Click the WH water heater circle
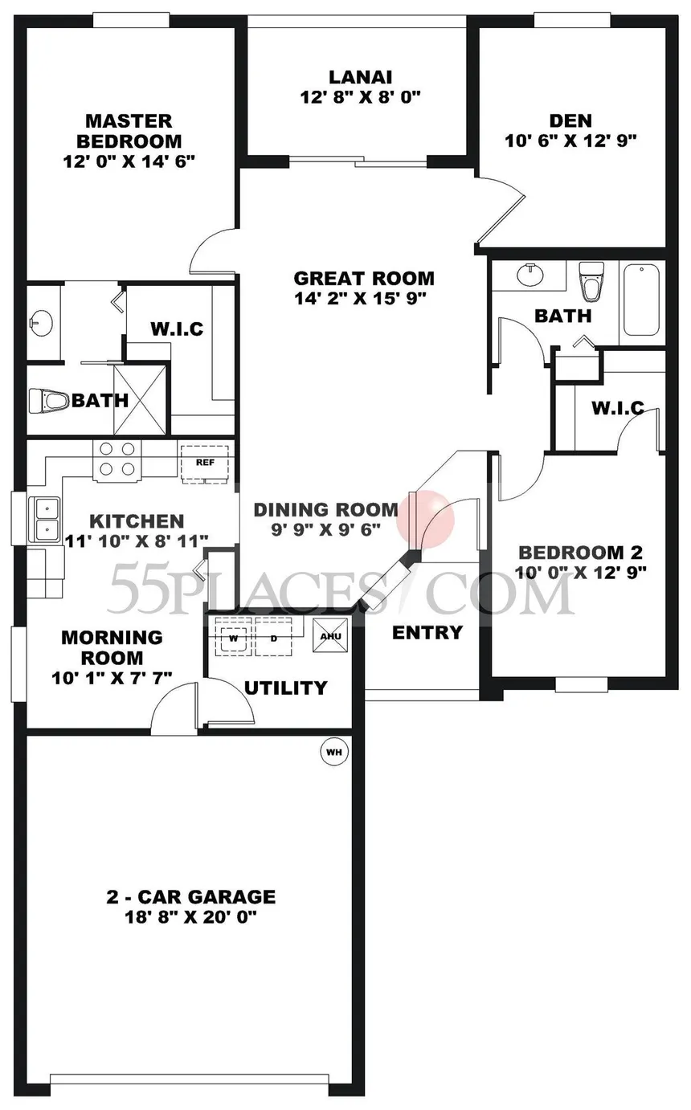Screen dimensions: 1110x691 (x=334, y=753)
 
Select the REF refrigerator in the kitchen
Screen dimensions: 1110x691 (x=205, y=463)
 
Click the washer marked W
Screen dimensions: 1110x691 (x=234, y=639)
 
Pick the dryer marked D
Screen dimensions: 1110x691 (x=273, y=639)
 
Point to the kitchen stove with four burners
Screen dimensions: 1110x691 (x=117, y=460)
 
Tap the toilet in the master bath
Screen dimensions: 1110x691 (x=46, y=400)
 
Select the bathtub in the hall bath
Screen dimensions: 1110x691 (x=641, y=300)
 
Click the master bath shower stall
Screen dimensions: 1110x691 (x=142, y=399)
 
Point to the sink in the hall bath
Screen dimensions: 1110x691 (x=529, y=275)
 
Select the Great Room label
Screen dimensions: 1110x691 (x=363, y=279)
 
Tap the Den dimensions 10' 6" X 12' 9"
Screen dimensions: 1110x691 (x=570, y=141)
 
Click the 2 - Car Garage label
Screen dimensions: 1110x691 (x=190, y=896)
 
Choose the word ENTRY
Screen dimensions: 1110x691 (x=427, y=632)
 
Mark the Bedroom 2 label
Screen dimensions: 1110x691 (x=580, y=553)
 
